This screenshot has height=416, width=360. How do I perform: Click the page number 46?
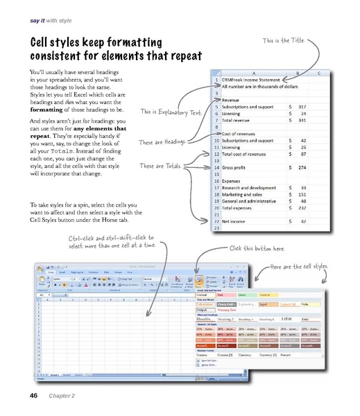(33, 396)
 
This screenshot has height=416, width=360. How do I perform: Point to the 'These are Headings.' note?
(162, 142)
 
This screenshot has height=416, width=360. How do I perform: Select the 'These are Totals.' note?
(159, 166)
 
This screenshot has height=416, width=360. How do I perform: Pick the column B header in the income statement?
(297, 73)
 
